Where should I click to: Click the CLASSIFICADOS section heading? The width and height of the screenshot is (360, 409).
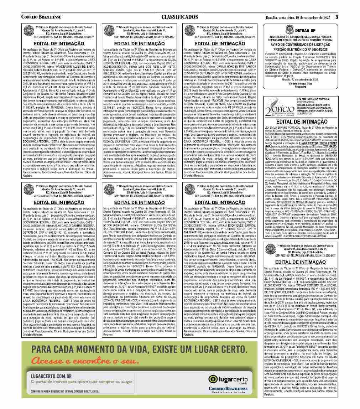[179, 17]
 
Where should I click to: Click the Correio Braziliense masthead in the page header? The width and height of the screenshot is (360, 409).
[41, 17]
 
